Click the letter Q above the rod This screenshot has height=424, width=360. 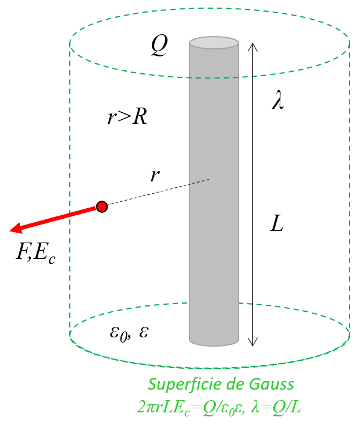(x=159, y=45)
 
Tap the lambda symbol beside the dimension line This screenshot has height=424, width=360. (x=278, y=101)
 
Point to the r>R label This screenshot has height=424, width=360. (x=127, y=117)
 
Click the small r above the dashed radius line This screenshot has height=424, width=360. (x=154, y=175)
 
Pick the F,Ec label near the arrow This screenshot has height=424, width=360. (x=35, y=254)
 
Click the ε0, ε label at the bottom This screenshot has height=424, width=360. (x=129, y=332)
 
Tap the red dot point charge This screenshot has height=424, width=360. (x=102, y=206)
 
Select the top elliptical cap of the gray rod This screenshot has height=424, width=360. (x=214, y=42)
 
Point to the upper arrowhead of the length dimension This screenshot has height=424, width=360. (x=252, y=46)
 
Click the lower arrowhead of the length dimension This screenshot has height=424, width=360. (x=252, y=343)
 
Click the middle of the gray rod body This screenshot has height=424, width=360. (x=214, y=192)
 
